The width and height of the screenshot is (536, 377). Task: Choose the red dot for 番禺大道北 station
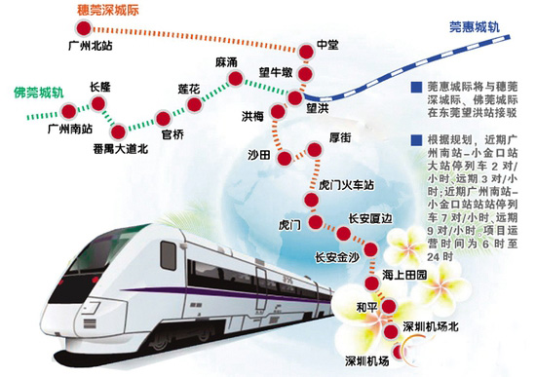118,131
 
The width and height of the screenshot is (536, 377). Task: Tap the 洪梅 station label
252,115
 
